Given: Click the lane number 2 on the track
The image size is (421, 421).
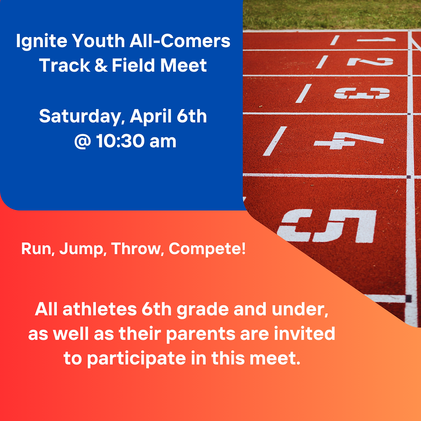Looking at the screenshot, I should coord(370,61).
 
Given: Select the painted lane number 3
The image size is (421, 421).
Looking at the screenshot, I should coord(362,93).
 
